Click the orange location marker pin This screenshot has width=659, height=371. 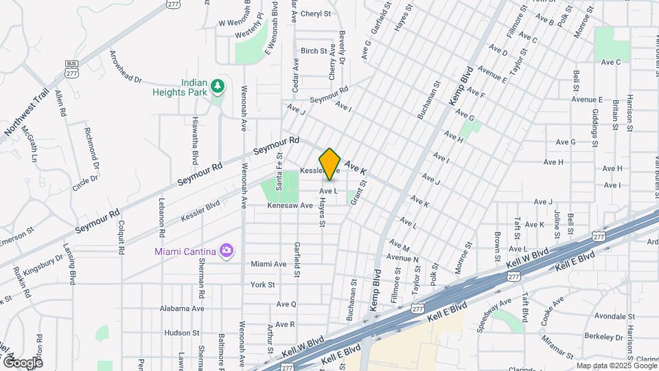point(330,164)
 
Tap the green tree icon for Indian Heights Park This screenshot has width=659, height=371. point(218,86)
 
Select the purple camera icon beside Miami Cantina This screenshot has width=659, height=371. point(225,249)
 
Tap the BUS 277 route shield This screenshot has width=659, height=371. point(71,68)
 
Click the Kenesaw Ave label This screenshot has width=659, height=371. point(290,205)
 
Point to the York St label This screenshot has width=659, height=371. point(262,284)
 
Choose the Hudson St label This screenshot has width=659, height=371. point(182,333)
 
